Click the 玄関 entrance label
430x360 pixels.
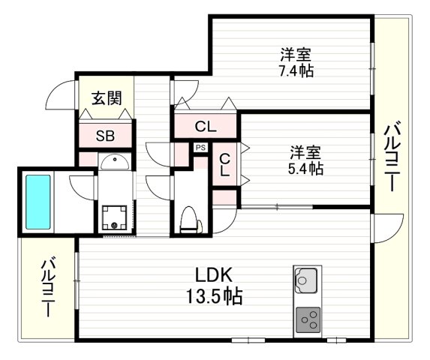tap(108, 97)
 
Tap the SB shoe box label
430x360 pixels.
tap(106, 136)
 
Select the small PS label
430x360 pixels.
tap(200, 147)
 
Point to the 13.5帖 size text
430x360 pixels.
tap(213, 296)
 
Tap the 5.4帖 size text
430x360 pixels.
tap(305, 169)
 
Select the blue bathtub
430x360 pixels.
tap(38, 202)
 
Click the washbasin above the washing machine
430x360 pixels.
tap(114, 163)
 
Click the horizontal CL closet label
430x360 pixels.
tap(206, 127)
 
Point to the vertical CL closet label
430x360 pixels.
tap(224, 165)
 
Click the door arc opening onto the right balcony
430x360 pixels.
tap(381, 226)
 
